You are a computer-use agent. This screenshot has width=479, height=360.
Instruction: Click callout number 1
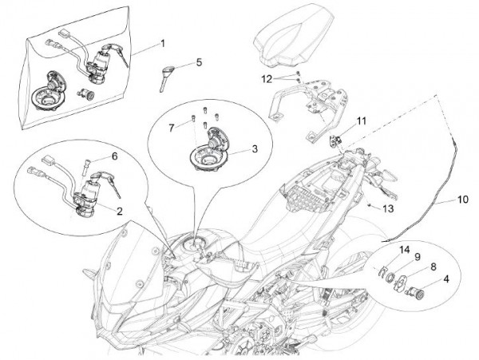(163, 43)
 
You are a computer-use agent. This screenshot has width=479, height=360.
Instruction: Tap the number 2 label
(119, 211)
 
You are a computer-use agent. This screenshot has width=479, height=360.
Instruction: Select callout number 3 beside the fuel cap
(255, 148)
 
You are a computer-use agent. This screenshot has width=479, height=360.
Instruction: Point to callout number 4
(446, 279)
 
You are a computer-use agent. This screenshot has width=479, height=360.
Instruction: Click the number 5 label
(199, 62)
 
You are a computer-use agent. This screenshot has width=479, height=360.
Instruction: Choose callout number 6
(114, 156)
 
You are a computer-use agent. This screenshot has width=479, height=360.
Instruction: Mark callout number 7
(172, 128)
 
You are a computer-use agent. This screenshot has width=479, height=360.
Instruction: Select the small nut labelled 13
(370, 205)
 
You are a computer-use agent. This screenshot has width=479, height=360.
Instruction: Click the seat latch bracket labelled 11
(335, 141)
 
